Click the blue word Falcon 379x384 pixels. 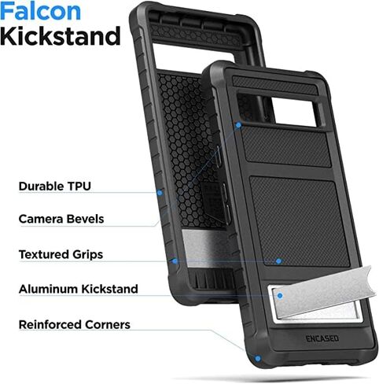(x=40, y=11)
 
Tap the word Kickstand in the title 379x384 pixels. (x=61, y=36)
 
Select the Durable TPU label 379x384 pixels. (x=55, y=186)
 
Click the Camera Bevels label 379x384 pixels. (x=61, y=219)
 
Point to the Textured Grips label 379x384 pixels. (x=61, y=255)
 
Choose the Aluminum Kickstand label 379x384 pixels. (x=79, y=289)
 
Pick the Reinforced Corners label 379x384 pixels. (x=75, y=325)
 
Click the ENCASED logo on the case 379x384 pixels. (x=322, y=338)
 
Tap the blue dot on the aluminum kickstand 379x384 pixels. (x=280, y=296)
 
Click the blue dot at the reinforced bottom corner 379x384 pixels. (x=258, y=358)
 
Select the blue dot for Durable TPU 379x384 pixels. (x=160, y=193)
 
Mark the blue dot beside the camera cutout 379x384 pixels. (x=238, y=125)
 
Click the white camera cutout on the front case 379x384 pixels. (x=294, y=113)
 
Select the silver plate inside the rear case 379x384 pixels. (x=202, y=248)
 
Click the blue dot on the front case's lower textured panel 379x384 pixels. (x=278, y=261)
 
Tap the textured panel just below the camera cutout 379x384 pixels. (x=285, y=148)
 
